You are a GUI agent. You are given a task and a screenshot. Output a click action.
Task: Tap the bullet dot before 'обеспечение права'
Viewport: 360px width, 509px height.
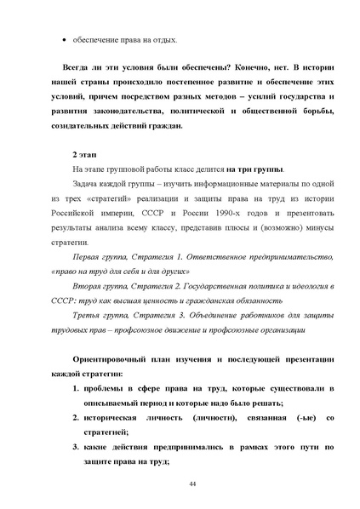[x=66, y=41]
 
